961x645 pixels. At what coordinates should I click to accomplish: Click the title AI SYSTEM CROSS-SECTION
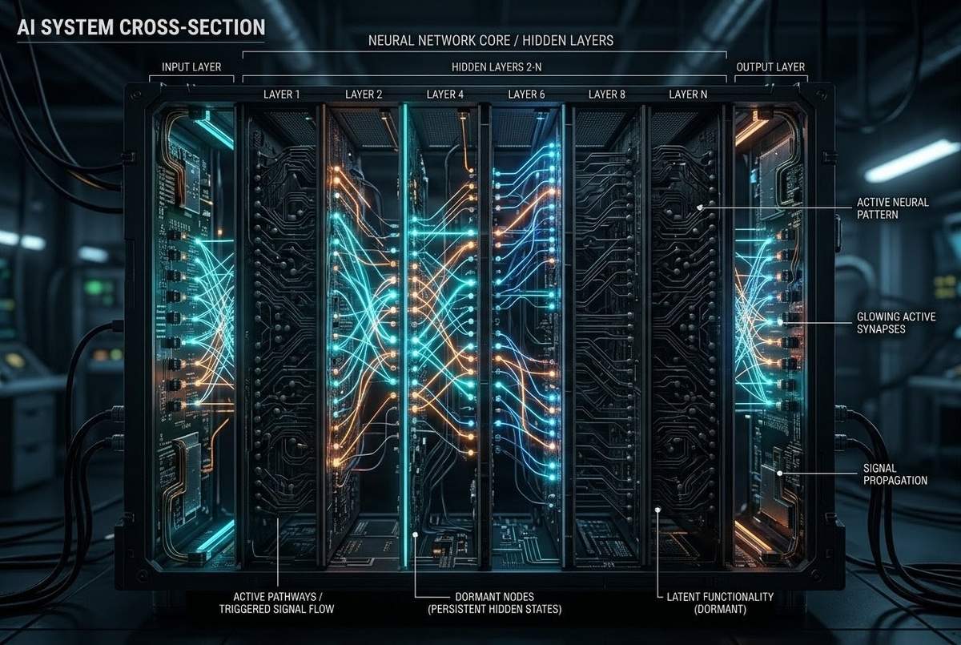(141, 27)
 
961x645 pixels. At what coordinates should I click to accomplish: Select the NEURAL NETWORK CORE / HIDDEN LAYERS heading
(491, 40)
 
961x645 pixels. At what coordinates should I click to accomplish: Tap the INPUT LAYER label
(191, 67)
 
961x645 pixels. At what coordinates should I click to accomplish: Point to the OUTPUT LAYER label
(770, 67)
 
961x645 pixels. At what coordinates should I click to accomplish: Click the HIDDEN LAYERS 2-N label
(497, 67)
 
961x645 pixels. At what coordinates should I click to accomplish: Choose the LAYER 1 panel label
(281, 95)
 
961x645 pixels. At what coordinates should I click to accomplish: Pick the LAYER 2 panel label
(364, 95)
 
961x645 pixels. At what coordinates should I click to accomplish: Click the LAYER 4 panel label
(445, 95)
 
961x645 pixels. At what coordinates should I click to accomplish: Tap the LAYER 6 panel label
(526, 95)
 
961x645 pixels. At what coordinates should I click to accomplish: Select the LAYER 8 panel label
(607, 95)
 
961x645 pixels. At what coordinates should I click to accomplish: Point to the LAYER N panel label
(688, 95)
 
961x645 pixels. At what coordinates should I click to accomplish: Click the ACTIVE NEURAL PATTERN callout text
(893, 208)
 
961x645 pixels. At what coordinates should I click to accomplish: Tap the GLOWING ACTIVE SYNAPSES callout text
(896, 323)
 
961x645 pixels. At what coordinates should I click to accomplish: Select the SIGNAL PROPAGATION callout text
(895, 474)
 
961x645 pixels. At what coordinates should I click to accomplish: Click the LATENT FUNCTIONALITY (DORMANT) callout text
(720, 603)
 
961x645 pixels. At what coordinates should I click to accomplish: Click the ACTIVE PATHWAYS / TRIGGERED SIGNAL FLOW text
(277, 603)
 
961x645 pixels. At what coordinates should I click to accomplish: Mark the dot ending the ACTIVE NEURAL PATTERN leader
(700, 208)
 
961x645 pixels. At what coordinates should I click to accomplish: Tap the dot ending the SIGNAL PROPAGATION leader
(779, 474)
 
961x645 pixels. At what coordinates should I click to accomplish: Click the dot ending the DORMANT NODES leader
(415, 534)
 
